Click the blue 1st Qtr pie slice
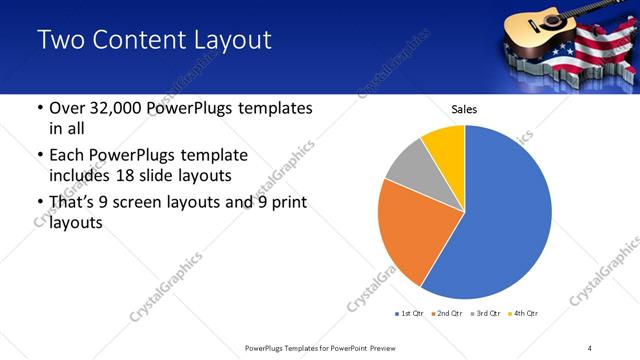510,215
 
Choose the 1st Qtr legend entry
409,314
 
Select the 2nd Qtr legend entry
445,314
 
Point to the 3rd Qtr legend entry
483,314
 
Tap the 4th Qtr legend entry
522,314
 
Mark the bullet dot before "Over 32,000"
38,109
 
